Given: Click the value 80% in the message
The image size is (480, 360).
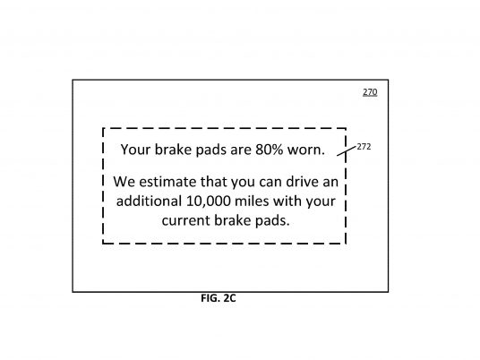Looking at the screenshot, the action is pyautogui.click(x=269, y=150).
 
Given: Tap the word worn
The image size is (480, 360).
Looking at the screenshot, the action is pyautogui.click(x=305, y=150).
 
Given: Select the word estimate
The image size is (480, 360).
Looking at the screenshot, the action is pyautogui.click(x=167, y=182).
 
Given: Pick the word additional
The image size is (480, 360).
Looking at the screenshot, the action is pyautogui.click(x=149, y=201).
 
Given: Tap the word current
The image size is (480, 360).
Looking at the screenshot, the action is pyautogui.click(x=185, y=220).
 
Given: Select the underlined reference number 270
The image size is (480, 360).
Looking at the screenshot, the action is pyautogui.click(x=370, y=92).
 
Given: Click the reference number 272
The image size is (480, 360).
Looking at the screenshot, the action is pyautogui.click(x=364, y=147).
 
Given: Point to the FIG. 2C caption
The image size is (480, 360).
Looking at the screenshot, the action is pyautogui.click(x=219, y=298).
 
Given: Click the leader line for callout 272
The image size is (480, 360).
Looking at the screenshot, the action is pyautogui.click(x=347, y=151).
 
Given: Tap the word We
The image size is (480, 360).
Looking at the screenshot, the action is pyautogui.click(x=124, y=182).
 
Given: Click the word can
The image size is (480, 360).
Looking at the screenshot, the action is pyautogui.click(x=270, y=183).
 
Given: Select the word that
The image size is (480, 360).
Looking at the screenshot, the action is pyautogui.click(x=213, y=182).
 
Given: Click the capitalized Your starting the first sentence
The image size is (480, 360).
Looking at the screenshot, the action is pyautogui.click(x=135, y=150).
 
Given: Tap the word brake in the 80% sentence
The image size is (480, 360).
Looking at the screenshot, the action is pyautogui.click(x=173, y=150).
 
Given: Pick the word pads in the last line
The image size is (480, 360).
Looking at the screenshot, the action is pyautogui.click(x=272, y=220).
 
